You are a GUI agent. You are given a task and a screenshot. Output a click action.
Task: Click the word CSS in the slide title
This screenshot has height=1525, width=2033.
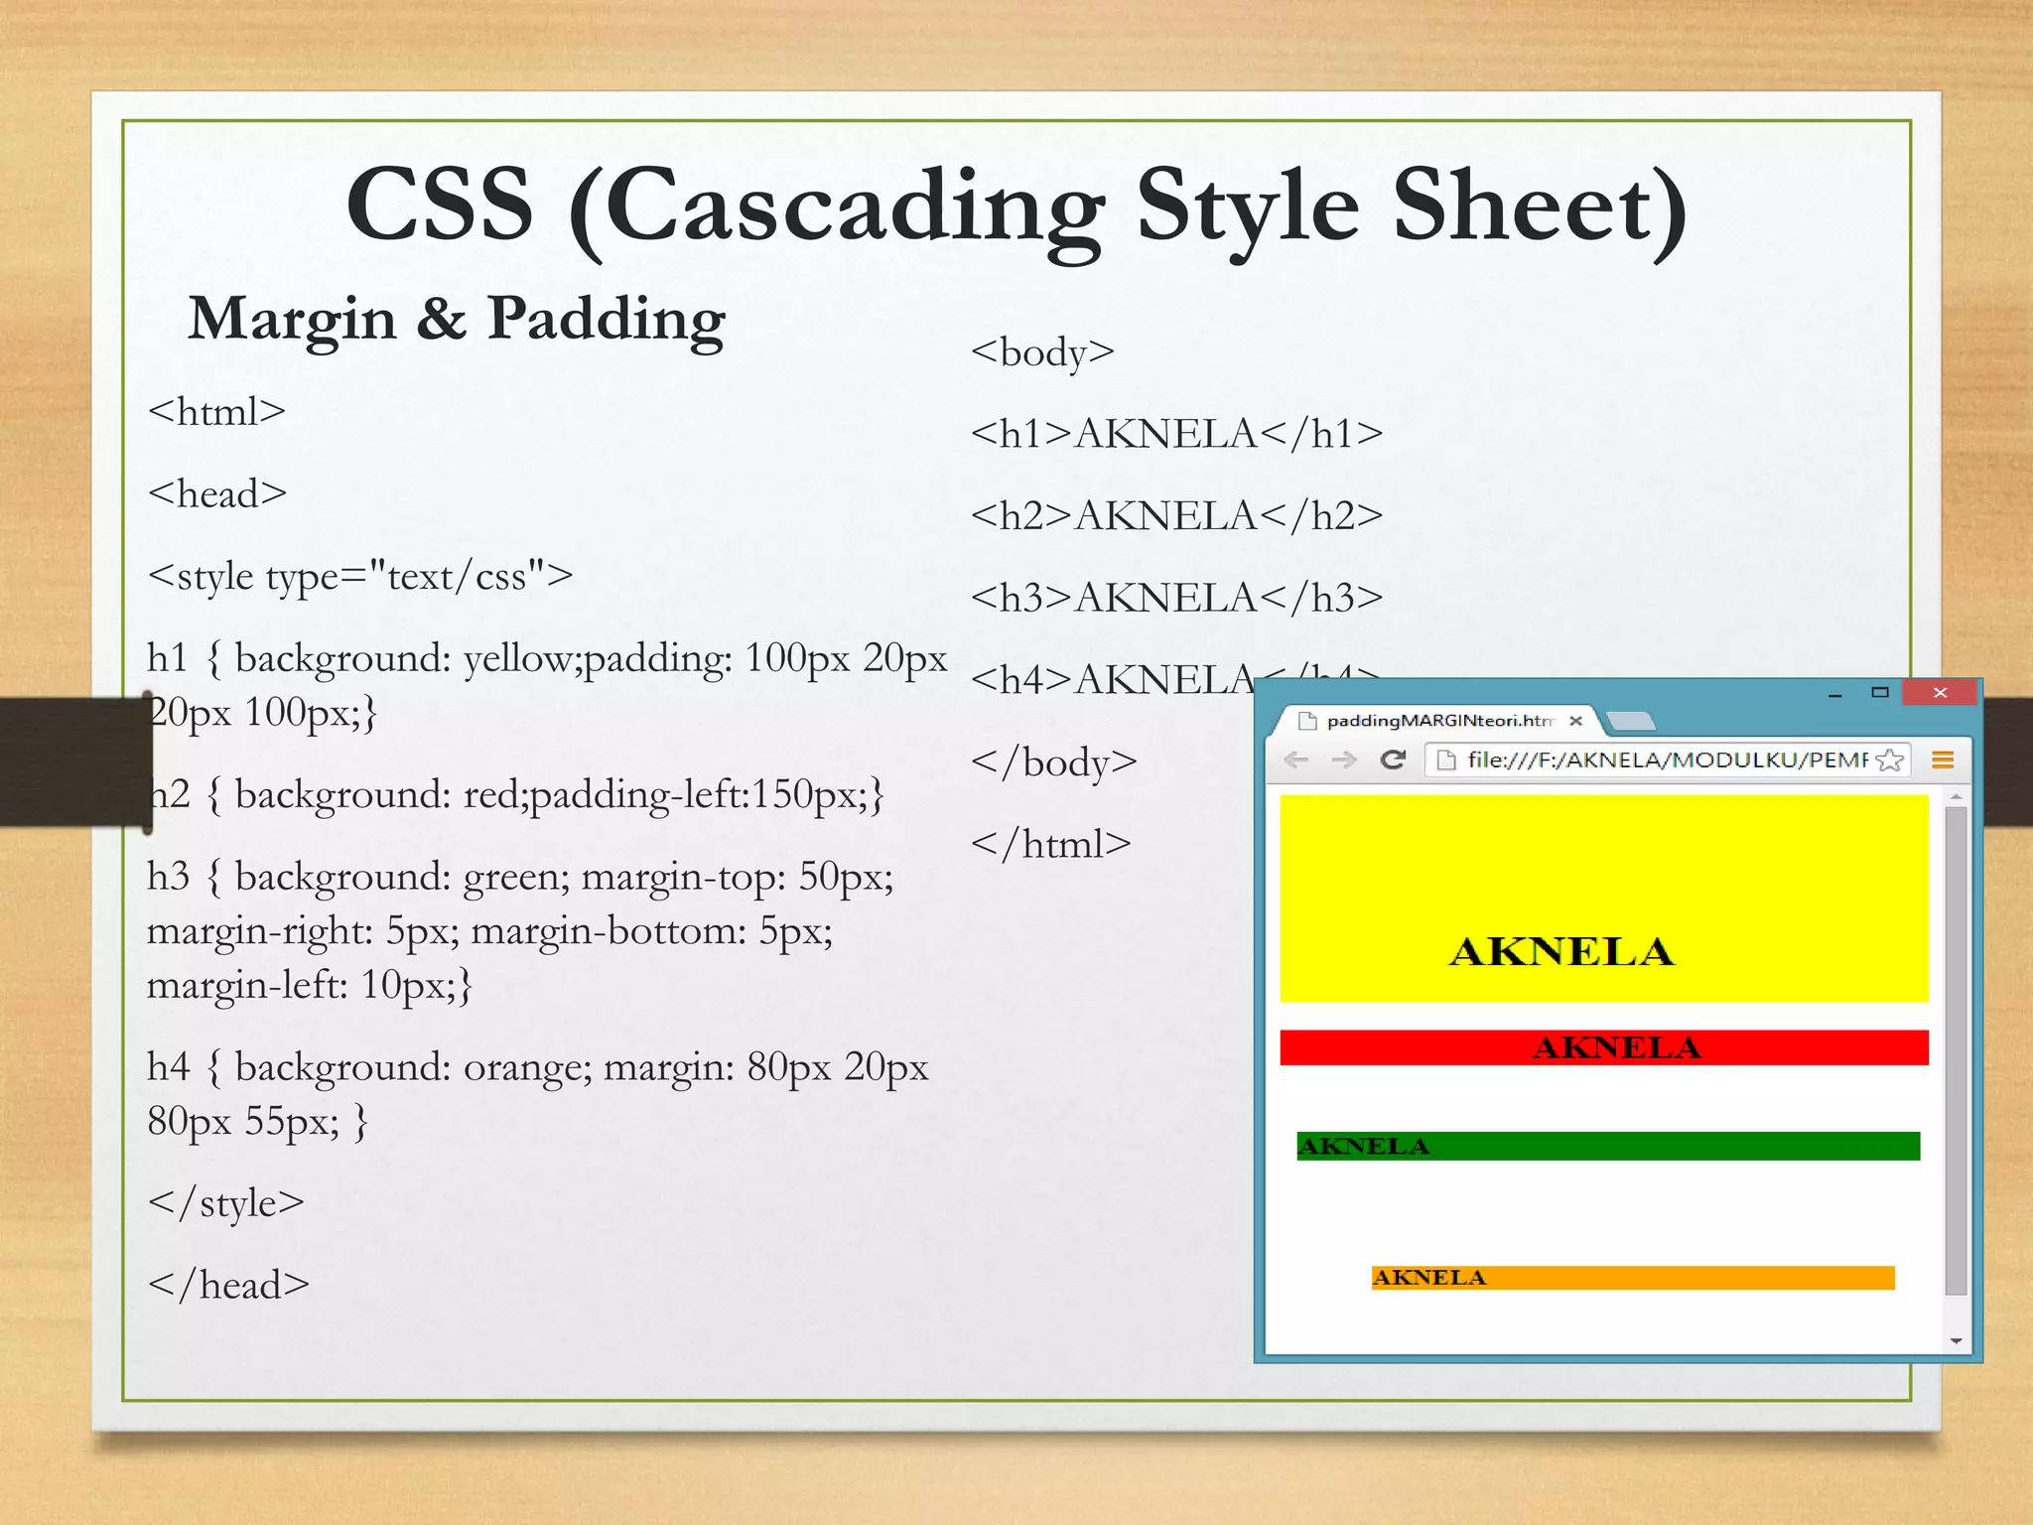pos(440,205)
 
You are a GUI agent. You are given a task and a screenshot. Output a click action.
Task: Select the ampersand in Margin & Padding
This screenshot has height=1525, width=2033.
pos(441,320)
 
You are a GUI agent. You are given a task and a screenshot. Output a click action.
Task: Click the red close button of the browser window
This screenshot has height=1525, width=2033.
pos(1940,692)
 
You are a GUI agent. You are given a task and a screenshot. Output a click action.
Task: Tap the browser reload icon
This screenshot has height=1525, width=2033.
pos(1393,760)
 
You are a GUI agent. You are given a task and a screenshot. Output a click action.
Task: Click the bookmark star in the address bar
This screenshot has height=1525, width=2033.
pos(1891,760)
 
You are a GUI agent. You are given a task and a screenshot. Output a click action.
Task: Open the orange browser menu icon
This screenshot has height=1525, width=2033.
pos(1943,760)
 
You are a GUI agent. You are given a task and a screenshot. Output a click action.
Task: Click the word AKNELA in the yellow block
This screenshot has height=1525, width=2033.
pos(1561,951)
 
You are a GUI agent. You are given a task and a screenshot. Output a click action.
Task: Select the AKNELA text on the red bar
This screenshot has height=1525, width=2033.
pos(1616,1047)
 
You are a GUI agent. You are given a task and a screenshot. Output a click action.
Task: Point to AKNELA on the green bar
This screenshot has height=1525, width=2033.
pos(1364,1146)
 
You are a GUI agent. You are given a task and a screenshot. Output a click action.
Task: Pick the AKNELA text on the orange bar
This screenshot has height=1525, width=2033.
pos(1429,1278)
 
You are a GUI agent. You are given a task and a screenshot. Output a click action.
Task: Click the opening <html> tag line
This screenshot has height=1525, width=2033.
pos(216,411)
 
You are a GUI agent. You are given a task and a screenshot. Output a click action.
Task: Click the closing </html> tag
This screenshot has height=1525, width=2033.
pos(1051,844)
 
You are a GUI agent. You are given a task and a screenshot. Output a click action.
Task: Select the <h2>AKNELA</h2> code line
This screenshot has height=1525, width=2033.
pos(1176,515)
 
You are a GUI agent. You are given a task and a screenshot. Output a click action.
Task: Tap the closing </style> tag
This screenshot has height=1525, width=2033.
pos(225,1202)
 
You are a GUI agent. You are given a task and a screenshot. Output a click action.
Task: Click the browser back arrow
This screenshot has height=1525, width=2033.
pos(1295,760)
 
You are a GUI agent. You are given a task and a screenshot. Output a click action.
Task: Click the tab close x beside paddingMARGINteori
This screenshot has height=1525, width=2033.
pos(1575,721)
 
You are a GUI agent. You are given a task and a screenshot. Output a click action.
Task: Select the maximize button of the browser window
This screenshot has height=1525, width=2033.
pos(1879,692)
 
